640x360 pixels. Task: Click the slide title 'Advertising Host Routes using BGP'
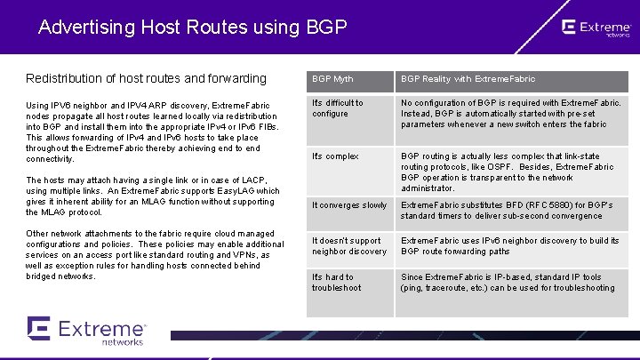point(192,27)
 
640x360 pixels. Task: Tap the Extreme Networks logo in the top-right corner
point(595,29)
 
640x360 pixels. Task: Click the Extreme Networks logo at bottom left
point(86,330)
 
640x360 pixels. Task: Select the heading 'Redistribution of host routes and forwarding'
point(146,78)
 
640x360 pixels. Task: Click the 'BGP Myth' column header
point(332,79)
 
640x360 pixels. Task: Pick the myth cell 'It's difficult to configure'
point(338,108)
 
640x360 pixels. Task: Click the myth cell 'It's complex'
point(335,156)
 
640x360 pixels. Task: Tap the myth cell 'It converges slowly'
point(348,205)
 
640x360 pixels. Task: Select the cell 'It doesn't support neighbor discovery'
point(349,245)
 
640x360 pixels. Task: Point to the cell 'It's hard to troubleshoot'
point(337,283)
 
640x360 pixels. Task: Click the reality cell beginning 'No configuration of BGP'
point(510,114)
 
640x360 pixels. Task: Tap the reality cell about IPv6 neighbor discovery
point(510,245)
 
